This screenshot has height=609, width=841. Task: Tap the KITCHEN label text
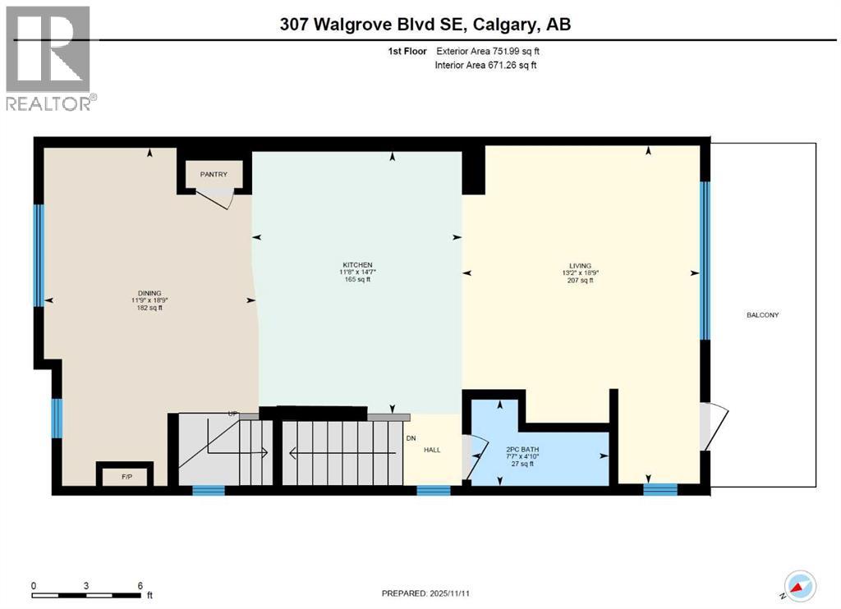[x=356, y=264]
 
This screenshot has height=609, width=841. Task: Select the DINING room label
[x=149, y=293]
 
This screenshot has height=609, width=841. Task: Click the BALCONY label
[x=762, y=315]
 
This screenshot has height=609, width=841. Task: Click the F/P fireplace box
[x=125, y=475]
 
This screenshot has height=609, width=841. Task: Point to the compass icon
[x=800, y=585]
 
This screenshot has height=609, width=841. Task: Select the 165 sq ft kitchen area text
[x=356, y=280]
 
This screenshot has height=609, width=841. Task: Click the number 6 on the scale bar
[x=140, y=585]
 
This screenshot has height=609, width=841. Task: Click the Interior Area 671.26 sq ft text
[x=485, y=65]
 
